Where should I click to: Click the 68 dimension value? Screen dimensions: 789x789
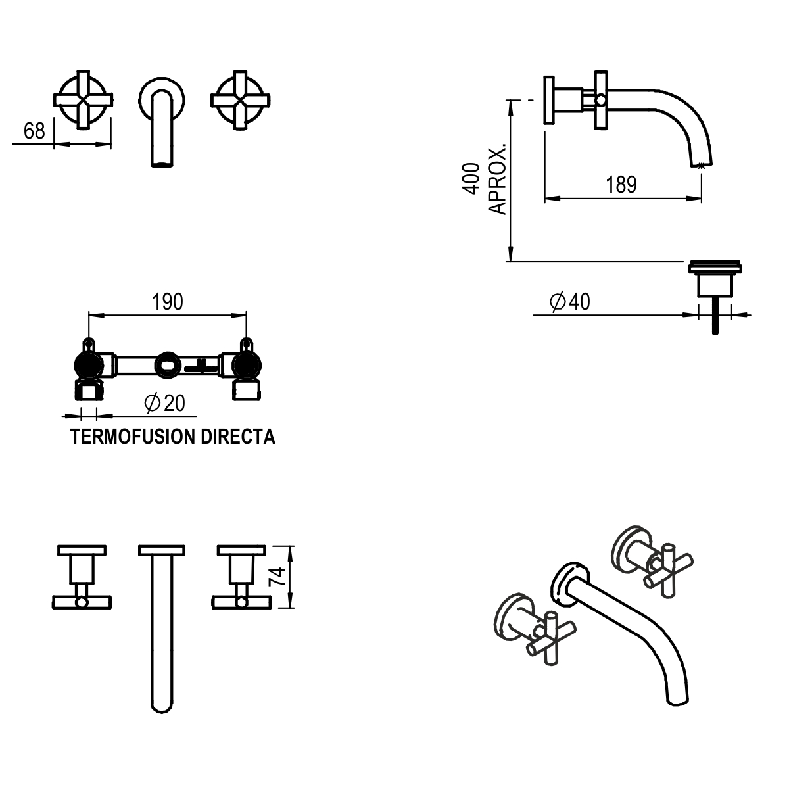(x=34, y=131)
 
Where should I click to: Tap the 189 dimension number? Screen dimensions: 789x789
(x=621, y=185)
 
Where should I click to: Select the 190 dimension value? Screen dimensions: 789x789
(x=168, y=302)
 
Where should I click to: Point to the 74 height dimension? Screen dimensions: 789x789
(x=278, y=577)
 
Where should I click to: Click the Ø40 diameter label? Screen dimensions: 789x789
(x=569, y=302)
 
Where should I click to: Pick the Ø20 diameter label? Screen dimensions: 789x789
(x=164, y=403)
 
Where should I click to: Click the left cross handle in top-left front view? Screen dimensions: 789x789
(x=82, y=100)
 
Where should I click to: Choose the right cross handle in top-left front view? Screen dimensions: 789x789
(x=241, y=100)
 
